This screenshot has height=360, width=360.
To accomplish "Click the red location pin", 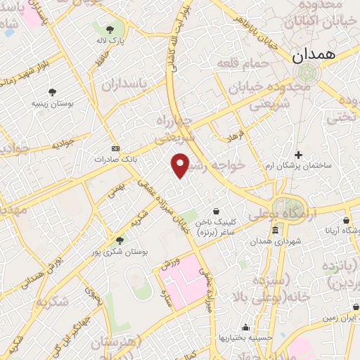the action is tap(181, 165).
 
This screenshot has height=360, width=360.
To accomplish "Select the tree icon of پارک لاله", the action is tap(109, 30).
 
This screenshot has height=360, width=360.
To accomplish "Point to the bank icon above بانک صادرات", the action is tap(116, 149).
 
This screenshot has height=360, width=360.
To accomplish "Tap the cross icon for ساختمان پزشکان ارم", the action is tap(299, 155).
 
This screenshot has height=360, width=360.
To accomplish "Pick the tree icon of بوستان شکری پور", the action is tap(120, 240).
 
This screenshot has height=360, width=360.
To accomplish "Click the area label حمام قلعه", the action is tap(248, 64).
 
